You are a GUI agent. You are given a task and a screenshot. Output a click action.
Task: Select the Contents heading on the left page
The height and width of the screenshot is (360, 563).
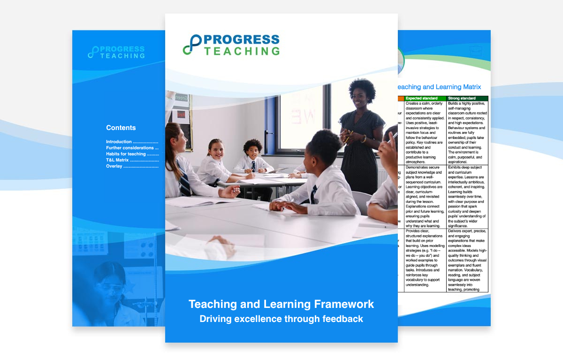[x=121, y=128]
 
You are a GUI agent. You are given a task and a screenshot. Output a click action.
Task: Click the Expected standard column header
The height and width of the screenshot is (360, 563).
[x=422, y=98]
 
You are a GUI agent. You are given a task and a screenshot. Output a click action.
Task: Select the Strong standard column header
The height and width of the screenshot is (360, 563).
[x=462, y=98]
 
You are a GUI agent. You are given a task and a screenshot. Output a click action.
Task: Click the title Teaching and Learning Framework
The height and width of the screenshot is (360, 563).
[x=281, y=304]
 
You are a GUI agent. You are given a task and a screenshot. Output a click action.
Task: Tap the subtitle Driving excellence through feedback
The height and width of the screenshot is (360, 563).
[x=281, y=319]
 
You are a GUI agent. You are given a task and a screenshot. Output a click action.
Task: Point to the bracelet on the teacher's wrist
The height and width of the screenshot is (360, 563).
[x=364, y=138]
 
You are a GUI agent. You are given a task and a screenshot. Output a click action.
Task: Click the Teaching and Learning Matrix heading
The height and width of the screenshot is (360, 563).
[x=439, y=87]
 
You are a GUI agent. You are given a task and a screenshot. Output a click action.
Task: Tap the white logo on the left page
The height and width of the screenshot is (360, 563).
[x=116, y=52]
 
